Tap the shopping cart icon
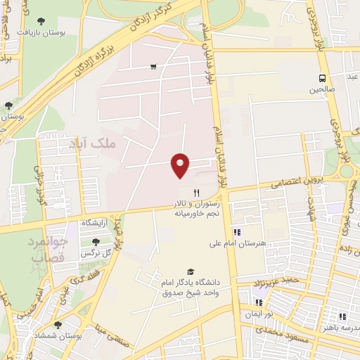tap(153, 67)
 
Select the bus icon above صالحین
tap(322, 78)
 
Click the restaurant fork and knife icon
tap(197, 191)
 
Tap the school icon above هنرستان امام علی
tap(237, 232)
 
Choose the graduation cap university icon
tap(190, 271)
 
